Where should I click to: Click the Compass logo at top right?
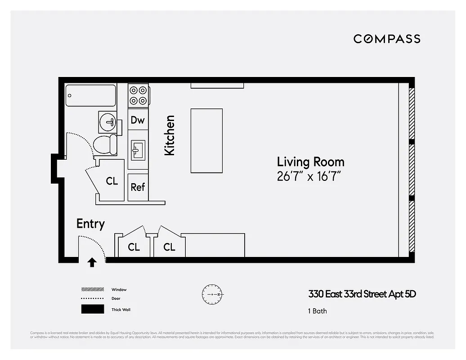(x=386, y=39)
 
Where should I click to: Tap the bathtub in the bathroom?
(x=90, y=95)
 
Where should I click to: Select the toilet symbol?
(x=104, y=144)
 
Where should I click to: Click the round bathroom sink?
(x=108, y=121)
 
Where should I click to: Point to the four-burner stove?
(x=138, y=95)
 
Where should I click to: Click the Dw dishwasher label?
(x=138, y=120)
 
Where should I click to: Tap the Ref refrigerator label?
(x=138, y=187)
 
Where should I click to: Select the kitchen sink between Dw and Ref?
(x=138, y=150)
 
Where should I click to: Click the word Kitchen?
(x=169, y=135)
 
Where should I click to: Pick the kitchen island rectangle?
(x=206, y=140)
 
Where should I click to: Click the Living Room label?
(x=310, y=162)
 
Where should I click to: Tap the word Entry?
(x=90, y=224)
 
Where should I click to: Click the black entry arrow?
(x=92, y=262)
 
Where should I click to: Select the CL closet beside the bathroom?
(x=112, y=181)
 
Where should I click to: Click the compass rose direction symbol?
(x=212, y=294)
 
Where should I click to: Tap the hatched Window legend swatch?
(x=92, y=289)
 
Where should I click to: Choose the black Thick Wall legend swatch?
(x=92, y=310)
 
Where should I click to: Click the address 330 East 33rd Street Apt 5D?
(x=362, y=294)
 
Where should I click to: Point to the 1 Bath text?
(x=317, y=311)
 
